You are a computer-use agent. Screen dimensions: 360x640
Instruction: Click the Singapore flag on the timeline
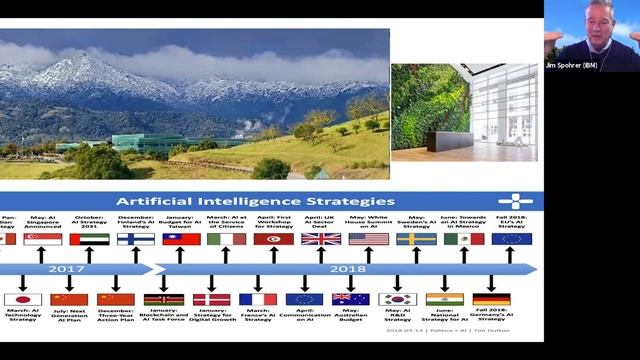[42, 239]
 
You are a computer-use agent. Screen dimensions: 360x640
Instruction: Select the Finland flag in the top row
[135, 239]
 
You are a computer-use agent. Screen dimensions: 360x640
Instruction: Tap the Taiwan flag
[181, 239]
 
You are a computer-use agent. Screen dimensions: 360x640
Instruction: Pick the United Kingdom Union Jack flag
[320, 239]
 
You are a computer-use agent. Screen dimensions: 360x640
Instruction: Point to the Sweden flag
[415, 239]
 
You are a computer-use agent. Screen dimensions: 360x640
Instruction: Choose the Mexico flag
[463, 239]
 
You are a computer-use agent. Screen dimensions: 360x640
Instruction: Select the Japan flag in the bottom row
[21, 299]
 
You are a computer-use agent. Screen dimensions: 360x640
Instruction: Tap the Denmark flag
[211, 299]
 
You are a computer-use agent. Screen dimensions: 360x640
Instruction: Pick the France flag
[258, 299]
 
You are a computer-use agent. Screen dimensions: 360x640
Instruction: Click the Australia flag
[350, 299]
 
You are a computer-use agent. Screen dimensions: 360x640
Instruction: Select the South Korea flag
[397, 299]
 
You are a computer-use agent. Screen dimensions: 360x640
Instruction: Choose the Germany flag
[491, 299]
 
